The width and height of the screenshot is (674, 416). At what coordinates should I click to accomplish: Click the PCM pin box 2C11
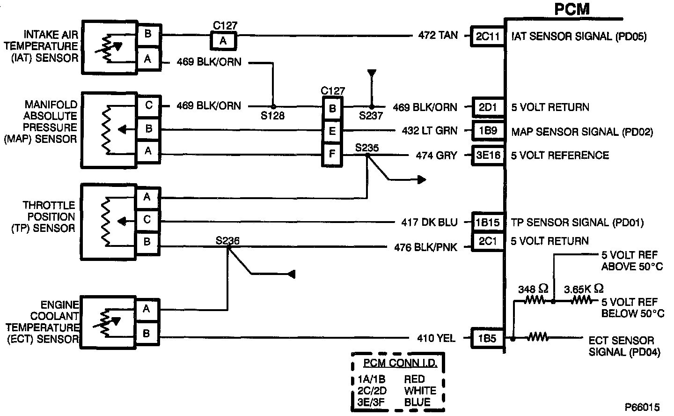click(488, 36)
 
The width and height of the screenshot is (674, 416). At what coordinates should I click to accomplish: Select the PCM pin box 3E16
click(488, 156)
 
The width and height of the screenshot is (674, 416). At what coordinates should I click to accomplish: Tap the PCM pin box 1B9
click(488, 131)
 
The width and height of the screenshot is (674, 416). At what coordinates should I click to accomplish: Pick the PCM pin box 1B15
click(488, 223)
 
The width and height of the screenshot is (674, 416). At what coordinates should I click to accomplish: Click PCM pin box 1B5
click(487, 338)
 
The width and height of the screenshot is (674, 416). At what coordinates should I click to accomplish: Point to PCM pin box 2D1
click(488, 107)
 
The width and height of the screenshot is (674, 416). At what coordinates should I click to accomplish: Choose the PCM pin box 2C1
click(488, 241)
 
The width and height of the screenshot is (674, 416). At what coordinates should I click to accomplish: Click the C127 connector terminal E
click(332, 131)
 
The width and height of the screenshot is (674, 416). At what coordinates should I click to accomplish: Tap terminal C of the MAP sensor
click(148, 105)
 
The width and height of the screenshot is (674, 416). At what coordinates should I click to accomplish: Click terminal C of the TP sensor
click(147, 220)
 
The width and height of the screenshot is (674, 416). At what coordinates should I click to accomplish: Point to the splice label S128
click(272, 115)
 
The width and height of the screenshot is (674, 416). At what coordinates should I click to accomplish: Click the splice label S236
click(227, 241)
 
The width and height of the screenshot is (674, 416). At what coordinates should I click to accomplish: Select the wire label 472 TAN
click(438, 36)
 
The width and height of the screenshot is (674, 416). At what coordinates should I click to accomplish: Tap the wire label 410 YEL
click(436, 338)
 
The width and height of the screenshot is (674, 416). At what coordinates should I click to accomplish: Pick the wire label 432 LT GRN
click(429, 131)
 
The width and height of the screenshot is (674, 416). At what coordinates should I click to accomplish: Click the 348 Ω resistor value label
click(533, 289)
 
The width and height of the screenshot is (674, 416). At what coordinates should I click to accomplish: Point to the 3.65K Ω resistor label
click(584, 289)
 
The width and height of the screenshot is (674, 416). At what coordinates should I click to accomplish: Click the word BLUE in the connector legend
click(417, 402)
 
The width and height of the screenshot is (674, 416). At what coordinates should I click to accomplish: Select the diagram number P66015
click(642, 407)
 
